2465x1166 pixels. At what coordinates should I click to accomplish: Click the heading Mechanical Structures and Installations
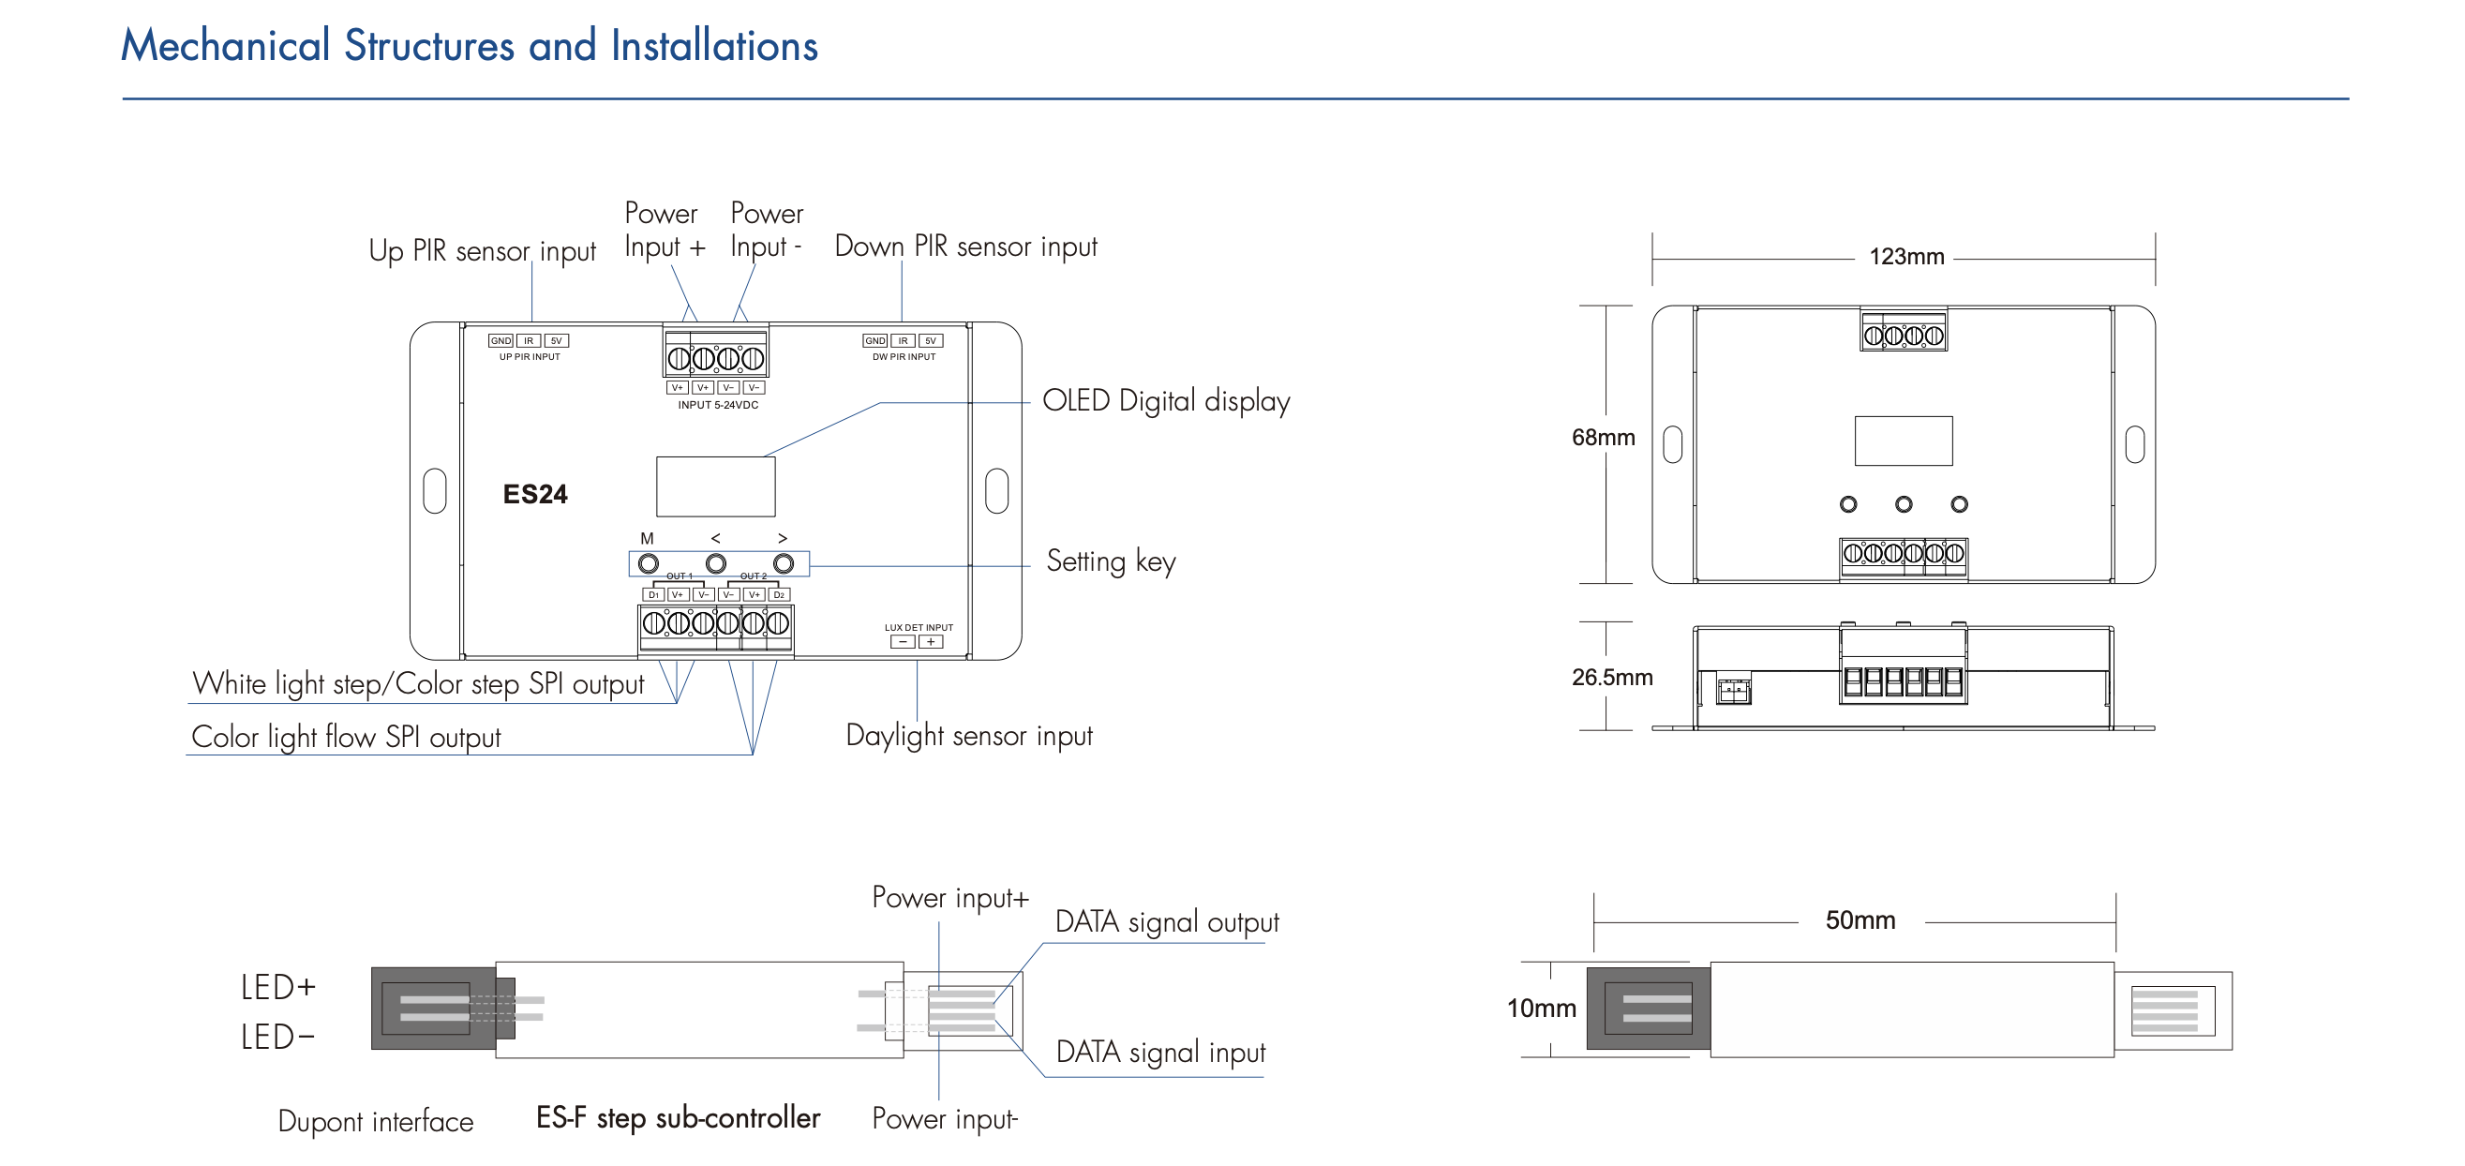(x=469, y=46)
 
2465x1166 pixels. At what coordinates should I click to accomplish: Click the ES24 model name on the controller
(x=535, y=494)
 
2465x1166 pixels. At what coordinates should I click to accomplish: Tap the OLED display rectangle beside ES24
(x=715, y=486)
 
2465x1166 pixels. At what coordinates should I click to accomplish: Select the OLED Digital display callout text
(x=1166, y=401)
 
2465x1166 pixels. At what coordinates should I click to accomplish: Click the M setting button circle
(x=648, y=564)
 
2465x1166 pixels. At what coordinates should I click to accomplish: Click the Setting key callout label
(x=1110, y=561)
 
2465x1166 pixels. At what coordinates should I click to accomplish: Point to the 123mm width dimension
(x=1906, y=257)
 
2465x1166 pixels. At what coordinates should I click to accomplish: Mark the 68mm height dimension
(x=1603, y=438)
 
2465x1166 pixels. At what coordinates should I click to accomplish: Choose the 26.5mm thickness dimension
(x=1611, y=678)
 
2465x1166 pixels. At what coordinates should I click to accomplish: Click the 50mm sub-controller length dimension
(x=1860, y=920)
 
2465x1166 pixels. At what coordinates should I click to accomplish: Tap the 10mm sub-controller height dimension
(x=1541, y=1008)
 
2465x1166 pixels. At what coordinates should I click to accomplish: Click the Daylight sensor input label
(x=968, y=736)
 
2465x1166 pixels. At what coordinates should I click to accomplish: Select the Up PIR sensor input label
(x=482, y=251)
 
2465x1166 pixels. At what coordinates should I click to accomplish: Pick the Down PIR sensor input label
(x=965, y=247)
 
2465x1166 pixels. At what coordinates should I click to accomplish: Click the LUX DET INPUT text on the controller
(x=919, y=628)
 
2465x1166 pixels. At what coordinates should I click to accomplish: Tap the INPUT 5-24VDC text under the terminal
(x=718, y=405)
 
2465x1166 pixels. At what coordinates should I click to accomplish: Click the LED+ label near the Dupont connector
(x=277, y=987)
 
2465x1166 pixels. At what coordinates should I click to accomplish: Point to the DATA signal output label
(x=1167, y=922)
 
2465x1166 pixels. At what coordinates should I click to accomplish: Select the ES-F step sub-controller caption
(x=678, y=1118)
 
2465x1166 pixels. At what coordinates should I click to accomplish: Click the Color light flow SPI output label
(x=346, y=737)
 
